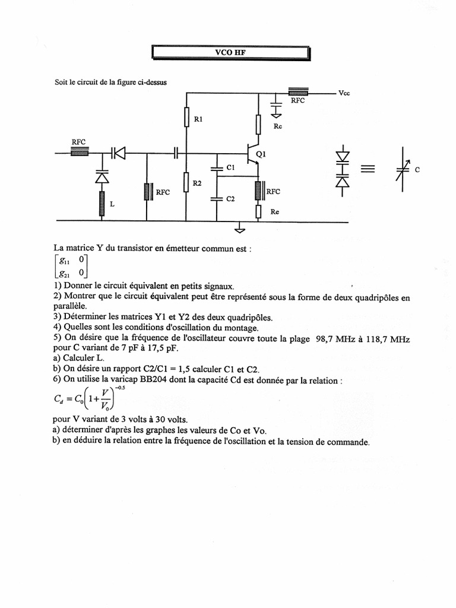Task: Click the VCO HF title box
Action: (x=230, y=52)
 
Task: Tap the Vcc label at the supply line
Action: (x=344, y=93)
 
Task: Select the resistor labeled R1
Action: (x=186, y=119)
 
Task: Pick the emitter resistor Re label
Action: (x=274, y=211)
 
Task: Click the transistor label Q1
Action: (x=261, y=154)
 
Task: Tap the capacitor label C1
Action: (x=231, y=168)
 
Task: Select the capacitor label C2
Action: (x=231, y=199)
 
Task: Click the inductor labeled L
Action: (x=102, y=203)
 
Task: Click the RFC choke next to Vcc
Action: (x=298, y=93)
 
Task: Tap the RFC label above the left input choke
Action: (x=78, y=142)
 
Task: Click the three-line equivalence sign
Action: (x=368, y=169)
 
